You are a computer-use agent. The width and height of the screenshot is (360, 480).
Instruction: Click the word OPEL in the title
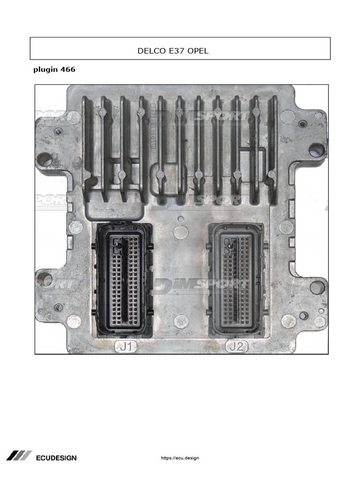(x=198, y=51)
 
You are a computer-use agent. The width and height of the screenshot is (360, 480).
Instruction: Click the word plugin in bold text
(x=46, y=70)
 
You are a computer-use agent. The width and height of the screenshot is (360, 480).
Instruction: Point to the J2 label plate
(x=237, y=347)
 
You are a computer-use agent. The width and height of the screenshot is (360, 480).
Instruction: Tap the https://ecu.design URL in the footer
(x=180, y=458)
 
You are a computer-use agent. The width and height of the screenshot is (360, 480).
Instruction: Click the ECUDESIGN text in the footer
(x=56, y=458)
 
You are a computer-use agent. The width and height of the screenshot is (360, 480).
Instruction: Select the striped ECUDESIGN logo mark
(x=19, y=456)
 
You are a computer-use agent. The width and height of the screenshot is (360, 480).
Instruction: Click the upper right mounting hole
(x=317, y=150)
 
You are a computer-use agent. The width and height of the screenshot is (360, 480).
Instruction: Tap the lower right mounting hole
(x=317, y=287)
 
